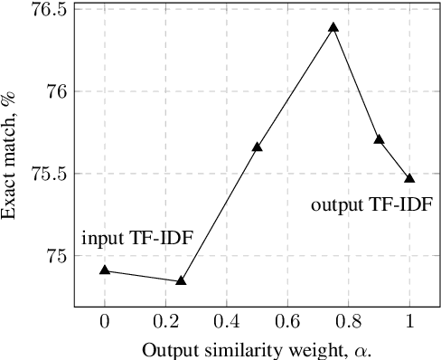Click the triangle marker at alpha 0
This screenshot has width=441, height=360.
tap(105, 270)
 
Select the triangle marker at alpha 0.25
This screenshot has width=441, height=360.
tap(181, 280)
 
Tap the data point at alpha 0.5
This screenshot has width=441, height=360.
tap(258, 147)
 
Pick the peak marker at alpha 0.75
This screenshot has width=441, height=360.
tap(333, 27)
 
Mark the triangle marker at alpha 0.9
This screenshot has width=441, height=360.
tap(380, 139)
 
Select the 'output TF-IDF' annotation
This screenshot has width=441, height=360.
tap(372, 205)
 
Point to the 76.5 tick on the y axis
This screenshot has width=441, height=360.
tap(51, 9)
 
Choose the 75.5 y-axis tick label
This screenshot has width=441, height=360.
tap(51, 174)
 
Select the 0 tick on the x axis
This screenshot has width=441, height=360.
tap(105, 322)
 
